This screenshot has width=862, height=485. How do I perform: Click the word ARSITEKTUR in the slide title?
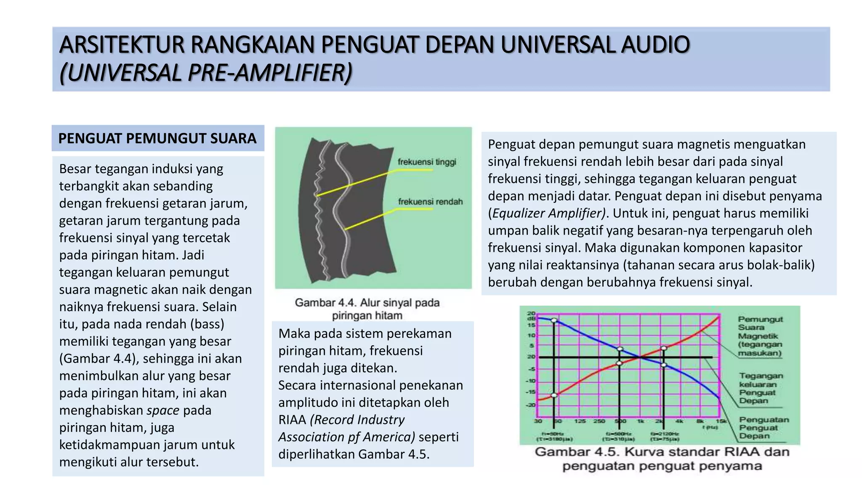[122, 45]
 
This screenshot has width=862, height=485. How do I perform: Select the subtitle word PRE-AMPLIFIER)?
[270, 72]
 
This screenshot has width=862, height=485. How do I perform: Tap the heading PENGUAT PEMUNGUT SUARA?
[157, 139]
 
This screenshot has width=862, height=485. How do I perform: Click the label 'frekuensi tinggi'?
[427, 162]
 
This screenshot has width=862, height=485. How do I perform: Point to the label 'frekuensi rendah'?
[430, 202]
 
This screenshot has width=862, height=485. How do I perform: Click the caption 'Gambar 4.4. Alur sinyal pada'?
[367, 303]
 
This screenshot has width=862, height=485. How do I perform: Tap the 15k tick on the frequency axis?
[721, 421]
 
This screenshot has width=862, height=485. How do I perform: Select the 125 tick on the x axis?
[580, 421]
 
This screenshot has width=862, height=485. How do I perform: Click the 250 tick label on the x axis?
[599, 421]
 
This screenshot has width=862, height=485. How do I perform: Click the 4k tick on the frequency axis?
[679, 421]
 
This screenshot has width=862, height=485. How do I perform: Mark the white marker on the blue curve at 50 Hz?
[554, 320]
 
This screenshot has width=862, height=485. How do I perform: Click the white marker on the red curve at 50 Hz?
[554, 395]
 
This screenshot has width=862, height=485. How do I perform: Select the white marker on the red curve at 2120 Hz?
[664, 348]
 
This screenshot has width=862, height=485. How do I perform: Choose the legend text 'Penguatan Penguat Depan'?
[764, 428]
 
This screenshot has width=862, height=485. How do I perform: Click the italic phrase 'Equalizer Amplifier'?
[548, 213]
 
